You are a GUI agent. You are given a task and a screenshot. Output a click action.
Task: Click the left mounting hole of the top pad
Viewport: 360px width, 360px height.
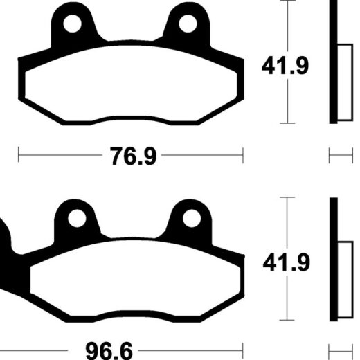[72, 24]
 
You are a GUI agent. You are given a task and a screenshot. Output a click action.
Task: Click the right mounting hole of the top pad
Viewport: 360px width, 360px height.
[188, 24]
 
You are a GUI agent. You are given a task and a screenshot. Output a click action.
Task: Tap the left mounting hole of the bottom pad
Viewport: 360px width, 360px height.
[77, 218]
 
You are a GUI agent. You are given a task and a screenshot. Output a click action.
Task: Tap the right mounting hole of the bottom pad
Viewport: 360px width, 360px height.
[192, 218]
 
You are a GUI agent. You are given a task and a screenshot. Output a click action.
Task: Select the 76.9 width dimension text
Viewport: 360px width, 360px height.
[134, 156]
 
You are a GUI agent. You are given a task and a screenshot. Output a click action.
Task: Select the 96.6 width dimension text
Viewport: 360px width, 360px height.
[109, 351]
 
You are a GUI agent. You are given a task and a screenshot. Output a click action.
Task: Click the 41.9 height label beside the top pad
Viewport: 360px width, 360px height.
[285, 66]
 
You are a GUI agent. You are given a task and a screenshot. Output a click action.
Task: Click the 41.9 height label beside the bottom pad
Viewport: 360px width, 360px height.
[287, 262]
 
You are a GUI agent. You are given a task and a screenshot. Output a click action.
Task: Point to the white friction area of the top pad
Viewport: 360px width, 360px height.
[131, 84]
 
